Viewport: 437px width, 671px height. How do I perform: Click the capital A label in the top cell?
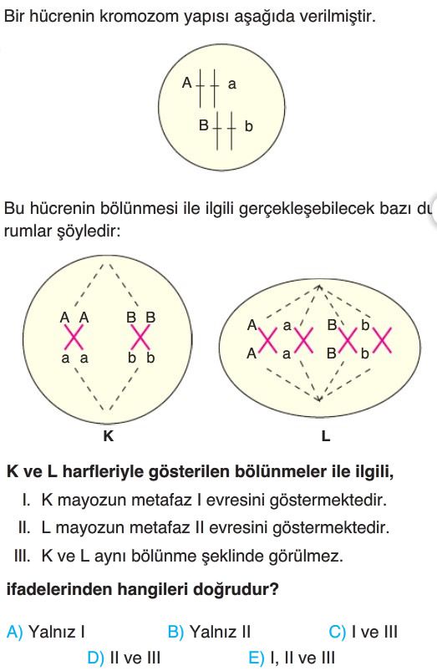[x=186, y=83]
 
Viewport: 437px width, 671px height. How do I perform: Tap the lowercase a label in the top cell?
[x=232, y=84]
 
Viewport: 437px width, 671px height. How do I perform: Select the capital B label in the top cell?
[x=204, y=125]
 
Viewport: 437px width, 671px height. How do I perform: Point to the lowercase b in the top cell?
[x=249, y=126]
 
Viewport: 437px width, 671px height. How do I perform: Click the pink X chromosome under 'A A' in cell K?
[x=74, y=338]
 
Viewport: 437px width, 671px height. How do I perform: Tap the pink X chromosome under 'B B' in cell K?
[x=141, y=338]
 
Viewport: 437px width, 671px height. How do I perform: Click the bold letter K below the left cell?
[x=109, y=436]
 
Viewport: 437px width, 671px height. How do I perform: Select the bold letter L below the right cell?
[x=326, y=436]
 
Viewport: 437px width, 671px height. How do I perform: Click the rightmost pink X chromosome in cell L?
[x=382, y=340]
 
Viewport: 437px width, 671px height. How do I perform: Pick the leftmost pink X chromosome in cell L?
[x=268, y=340]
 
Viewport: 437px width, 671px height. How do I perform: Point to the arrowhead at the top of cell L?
[x=318, y=287]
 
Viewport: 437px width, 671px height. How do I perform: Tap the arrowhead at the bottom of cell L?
[x=318, y=399]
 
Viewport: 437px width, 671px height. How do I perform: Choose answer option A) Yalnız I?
[x=46, y=632]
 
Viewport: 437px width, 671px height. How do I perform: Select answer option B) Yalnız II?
[x=209, y=632]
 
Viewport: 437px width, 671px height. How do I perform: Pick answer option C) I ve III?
[x=363, y=632]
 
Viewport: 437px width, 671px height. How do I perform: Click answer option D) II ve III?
[x=124, y=658]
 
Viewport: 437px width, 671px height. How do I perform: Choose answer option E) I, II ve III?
[x=292, y=658]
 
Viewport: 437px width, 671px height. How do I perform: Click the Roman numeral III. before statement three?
[x=23, y=556]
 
